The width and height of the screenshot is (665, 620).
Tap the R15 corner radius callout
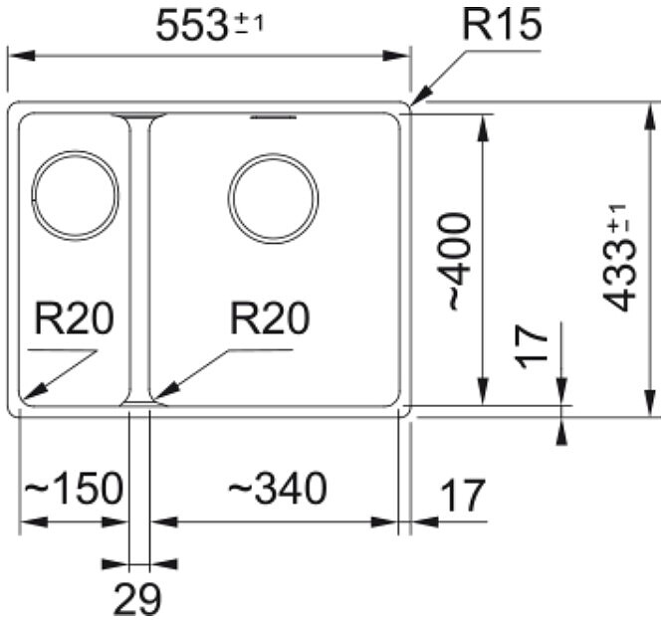click(x=502, y=24)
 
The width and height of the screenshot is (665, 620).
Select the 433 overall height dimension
click(x=620, y=258)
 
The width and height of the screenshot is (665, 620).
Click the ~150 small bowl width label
click(x=74, y=488)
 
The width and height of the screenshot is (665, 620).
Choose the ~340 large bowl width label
click(x=278, y=488)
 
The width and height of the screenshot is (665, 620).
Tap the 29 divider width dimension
click(x=137, y=599)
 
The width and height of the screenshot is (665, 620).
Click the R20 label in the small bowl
click(x=75, y=318)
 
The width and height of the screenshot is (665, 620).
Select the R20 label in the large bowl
click(x=270, y=318)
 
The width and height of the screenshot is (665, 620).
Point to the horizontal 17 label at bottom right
click(x=463, y=496)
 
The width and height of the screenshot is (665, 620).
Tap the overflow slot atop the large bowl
click(x=273, y=116)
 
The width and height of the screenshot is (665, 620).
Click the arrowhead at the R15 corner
click(x=421, y=95)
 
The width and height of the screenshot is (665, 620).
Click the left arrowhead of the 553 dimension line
click(x=21, y=56)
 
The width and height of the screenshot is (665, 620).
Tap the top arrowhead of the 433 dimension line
click(x=649, y=115)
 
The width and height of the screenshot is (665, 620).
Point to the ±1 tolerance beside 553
click(x=250, y=24)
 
